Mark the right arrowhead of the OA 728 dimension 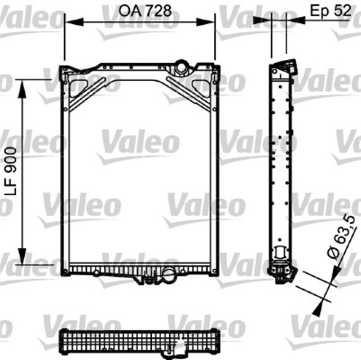(x=210, y=22)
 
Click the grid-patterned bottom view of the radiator (x=139, y=341)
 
